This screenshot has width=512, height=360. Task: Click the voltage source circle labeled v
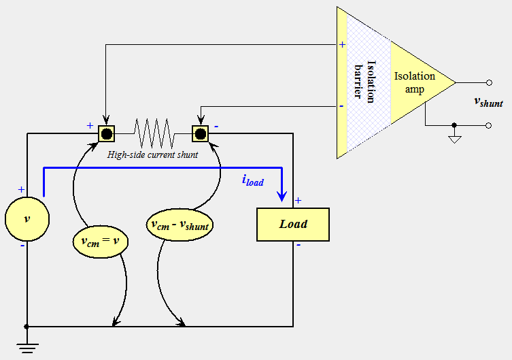(27, 218)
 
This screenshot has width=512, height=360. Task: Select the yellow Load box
(293, 224)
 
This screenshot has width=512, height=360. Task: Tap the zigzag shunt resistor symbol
(154, 133)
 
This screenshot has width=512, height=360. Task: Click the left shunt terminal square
(107, 133)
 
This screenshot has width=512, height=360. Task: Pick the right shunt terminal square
(201, 133)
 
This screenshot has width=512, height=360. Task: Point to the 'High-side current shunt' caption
(153, 155)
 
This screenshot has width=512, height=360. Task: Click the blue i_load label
(253, 180)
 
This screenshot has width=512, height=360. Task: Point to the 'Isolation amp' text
(414, 82)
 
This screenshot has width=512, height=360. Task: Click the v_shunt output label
(488, 102)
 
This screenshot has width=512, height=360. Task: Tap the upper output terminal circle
(488, 82)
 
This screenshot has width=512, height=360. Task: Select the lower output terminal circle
(488, 126)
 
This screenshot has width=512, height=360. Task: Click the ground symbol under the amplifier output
(454, 140)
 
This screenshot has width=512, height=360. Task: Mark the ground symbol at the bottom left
(27, 348)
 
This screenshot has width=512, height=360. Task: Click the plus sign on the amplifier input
(342, 44)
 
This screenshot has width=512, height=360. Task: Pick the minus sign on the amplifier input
(341, 106)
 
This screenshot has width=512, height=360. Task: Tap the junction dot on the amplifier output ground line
(454, 126)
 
